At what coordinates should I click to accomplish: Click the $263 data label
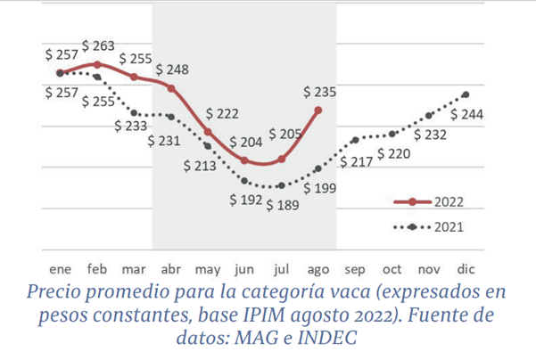point(97,45)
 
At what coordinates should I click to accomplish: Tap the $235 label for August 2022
point(318,91)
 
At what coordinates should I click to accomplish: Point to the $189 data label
point(282,205)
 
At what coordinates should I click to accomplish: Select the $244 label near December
point(467,114)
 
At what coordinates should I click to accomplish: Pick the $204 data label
point(245,142)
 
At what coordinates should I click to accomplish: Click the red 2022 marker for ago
point(318,110)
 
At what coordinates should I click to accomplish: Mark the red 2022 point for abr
point(170,88)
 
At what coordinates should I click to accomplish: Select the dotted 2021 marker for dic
point(466,94)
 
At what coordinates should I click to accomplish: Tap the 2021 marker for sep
point(355,140)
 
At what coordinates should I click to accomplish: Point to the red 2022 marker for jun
point(244,160)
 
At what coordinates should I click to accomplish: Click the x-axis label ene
point(60,268)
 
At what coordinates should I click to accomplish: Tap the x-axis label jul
point(281,268)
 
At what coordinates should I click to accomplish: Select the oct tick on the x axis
point(392,268)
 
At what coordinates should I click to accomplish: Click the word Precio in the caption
point(52,292)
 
